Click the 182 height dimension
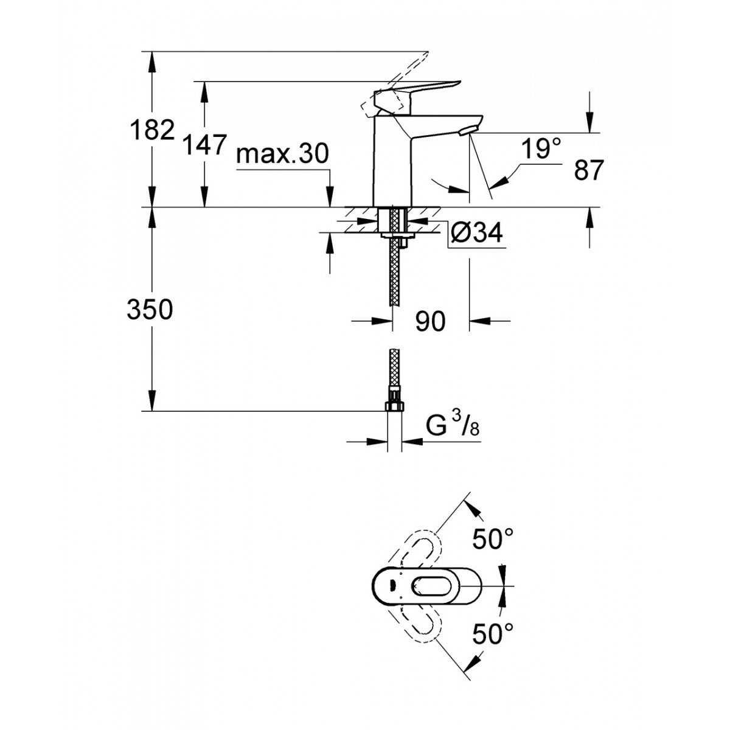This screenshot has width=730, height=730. pos(152,129)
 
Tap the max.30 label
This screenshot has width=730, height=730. pos(283,154)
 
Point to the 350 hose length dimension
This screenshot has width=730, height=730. pos(150,309)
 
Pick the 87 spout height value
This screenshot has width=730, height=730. pos(588,170)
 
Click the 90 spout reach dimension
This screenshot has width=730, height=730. pos(430,321)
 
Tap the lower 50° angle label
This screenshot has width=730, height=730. pos(493,633)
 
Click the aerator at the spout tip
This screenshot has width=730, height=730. pos(467,131)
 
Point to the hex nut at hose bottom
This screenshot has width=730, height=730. pos(395,406)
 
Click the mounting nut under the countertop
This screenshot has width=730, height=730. pos(397,235)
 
